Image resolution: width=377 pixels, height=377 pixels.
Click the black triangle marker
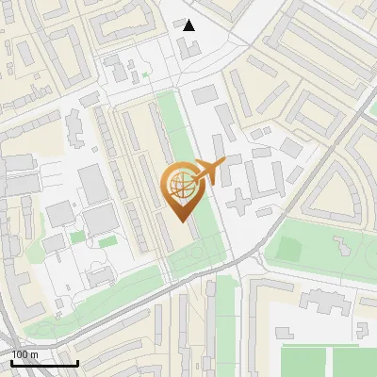click(189, 25)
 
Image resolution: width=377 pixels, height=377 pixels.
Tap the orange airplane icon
click(215, 172)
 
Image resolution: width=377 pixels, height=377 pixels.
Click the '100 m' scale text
click(25, 354)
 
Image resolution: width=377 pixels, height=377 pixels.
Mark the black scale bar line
click(44, 363)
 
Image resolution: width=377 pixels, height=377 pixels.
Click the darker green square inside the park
click(287, 250)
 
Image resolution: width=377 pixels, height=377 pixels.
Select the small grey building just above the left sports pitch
click(282, 332)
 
